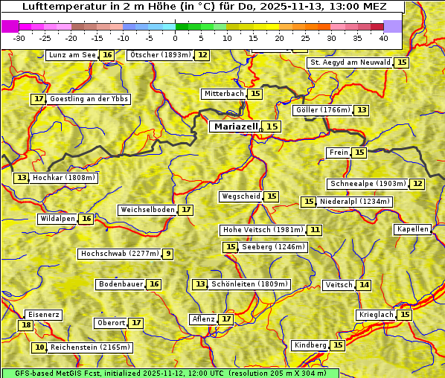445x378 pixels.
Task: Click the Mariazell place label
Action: (x=234, y=126)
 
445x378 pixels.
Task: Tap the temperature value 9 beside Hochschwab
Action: (x=168, y=254)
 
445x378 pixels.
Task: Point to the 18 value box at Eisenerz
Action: (x=26, y=325)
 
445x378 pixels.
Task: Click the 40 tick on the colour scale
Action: (x=383, y=38)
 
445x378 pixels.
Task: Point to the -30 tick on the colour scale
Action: (x=19, y=38)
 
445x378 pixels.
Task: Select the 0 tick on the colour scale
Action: (x=175, y=38)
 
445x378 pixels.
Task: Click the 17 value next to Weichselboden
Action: (x=186, y=210)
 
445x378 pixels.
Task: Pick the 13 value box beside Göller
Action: (x=362, y=110)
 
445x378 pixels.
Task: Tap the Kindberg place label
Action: (x=310, y=345)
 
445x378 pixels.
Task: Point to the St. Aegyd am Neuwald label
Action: (x=350, y=63)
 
